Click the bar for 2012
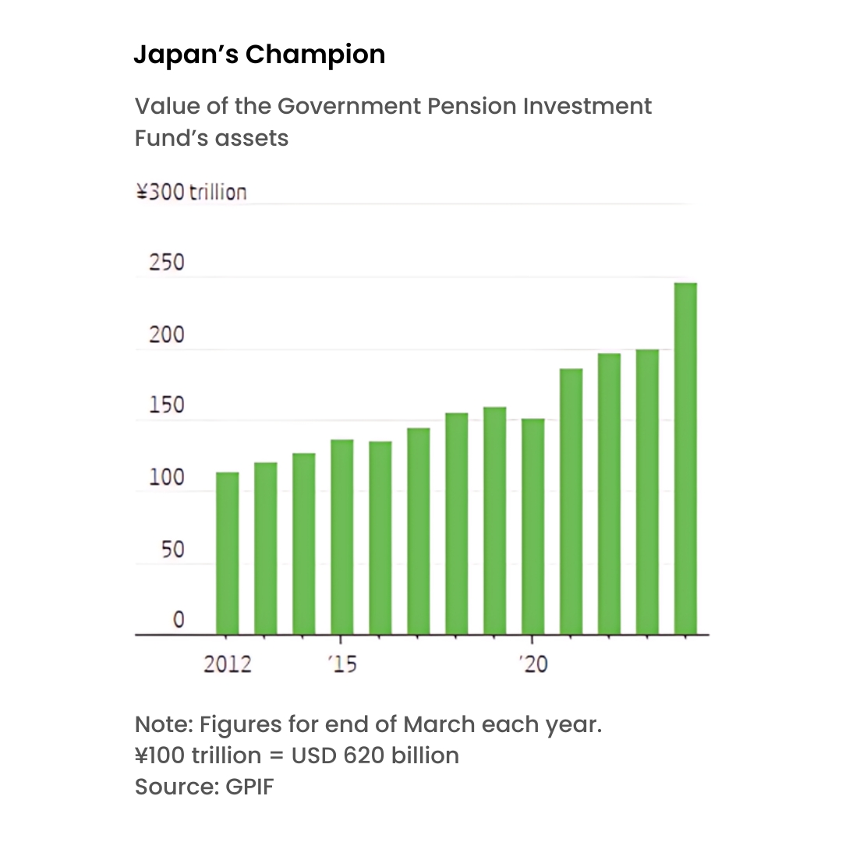point(227,553)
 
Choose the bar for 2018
point(457,523)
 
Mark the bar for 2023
point(647,492)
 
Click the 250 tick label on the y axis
point(167,263)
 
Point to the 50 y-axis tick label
point(172,550)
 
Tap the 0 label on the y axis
point(179,621)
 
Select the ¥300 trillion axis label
point(191,192)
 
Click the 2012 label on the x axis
point(227,664)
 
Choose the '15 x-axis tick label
point(341,664)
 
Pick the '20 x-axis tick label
point(533,664)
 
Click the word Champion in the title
point(315,55)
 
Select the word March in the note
point(439,724)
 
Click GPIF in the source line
point(249,787)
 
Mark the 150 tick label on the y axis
point(167,406)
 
